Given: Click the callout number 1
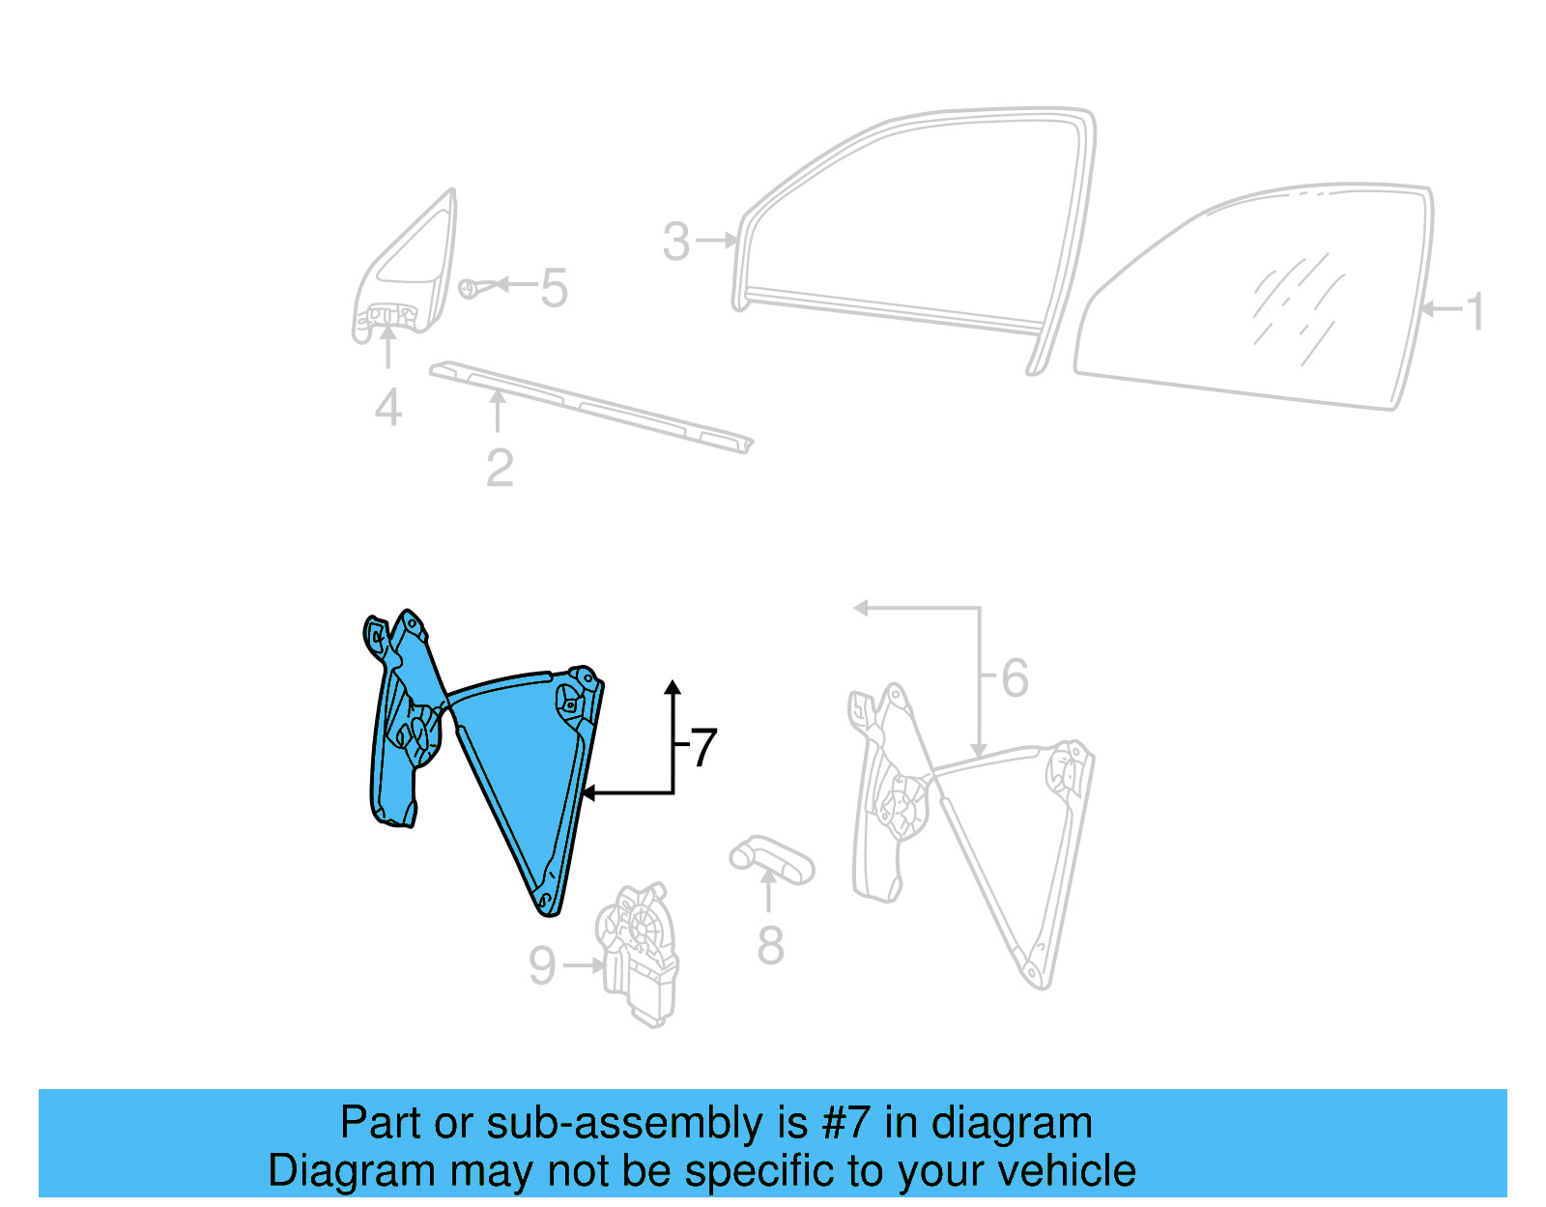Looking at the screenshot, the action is (1474, 311).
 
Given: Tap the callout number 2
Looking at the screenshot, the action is (500, 468).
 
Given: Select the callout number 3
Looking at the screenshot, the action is (676, 241).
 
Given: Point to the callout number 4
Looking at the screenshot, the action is (388, 407).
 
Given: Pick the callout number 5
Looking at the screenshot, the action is (554, 288).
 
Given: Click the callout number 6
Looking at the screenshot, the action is (1015, 677).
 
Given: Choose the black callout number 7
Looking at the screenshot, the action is (703, 748).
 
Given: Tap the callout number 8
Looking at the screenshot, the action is (770, 945).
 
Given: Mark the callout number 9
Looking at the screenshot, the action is (543, 965).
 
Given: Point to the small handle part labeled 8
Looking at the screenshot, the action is (771, 859).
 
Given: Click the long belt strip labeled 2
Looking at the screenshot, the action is (589, 405).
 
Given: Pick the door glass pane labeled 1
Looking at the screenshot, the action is (1256, 300).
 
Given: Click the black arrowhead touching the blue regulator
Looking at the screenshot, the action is (587, 793).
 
